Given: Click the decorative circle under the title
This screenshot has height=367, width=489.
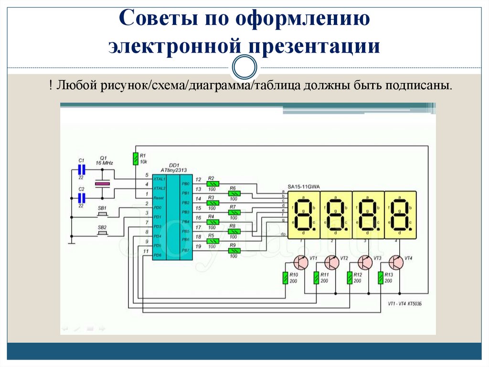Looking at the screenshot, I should click(x=244, y=67).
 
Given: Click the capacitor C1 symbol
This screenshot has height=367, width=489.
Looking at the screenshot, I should click(x=81, y=169).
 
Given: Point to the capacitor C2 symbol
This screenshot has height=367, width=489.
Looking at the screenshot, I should click(x=81, y=197).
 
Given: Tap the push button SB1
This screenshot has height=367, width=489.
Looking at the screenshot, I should click(x=102, y=214).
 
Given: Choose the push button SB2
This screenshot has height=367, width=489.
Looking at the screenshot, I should click(x=102, y=233).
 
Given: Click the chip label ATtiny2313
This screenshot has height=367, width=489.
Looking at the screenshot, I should click(x=173, y=170).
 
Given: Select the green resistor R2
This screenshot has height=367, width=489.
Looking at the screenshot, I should click(x=212, y=183).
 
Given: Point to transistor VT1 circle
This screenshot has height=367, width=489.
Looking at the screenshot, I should click(x=301, y=262).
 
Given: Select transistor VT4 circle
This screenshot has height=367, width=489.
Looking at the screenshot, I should click(x=396, y=262).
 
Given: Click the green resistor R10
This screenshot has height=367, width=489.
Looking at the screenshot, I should click(x=285, y=278).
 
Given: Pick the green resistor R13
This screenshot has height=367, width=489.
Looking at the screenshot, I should click(x=380, y=278).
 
